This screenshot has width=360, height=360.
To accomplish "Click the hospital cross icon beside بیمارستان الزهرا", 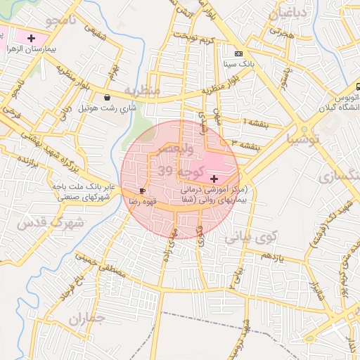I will (x=30, y=37).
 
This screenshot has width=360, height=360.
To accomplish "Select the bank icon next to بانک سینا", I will (x=238, y=53).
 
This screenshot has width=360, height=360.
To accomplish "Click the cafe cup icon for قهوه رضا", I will (x=143, y=191).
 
